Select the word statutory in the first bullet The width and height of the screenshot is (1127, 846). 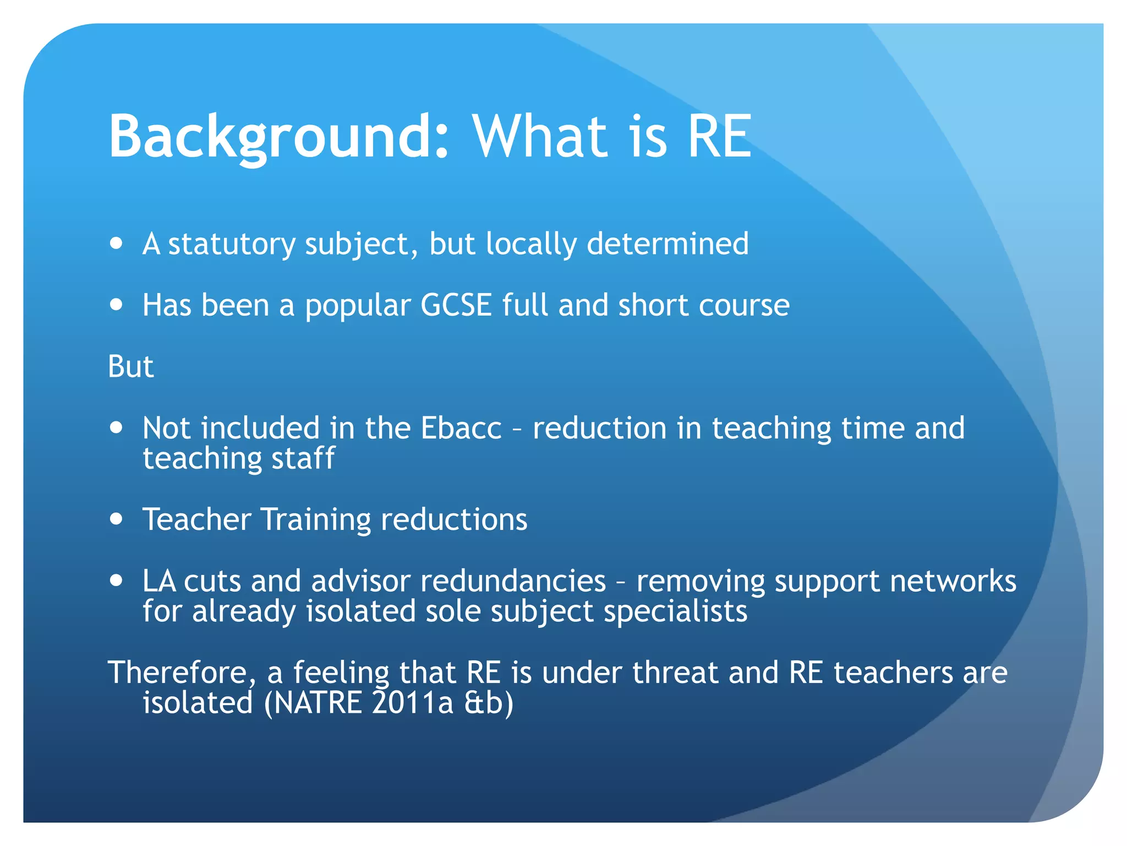[x=232, y=245]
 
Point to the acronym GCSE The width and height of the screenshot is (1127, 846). [x=456, y=305]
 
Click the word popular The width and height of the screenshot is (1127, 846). [x=358, y=306]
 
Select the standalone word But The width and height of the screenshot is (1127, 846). [x=130, y=367]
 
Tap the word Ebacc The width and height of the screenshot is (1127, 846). [x=461, y=428]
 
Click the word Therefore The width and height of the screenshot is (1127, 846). [x=182, y=673]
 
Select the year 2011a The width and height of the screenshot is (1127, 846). [x=412, y=703]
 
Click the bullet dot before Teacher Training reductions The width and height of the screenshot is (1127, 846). [x=116, y=518]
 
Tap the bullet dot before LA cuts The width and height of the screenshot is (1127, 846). [x=116, y=580]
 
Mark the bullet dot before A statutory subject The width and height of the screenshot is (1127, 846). [x=116, y=243]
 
